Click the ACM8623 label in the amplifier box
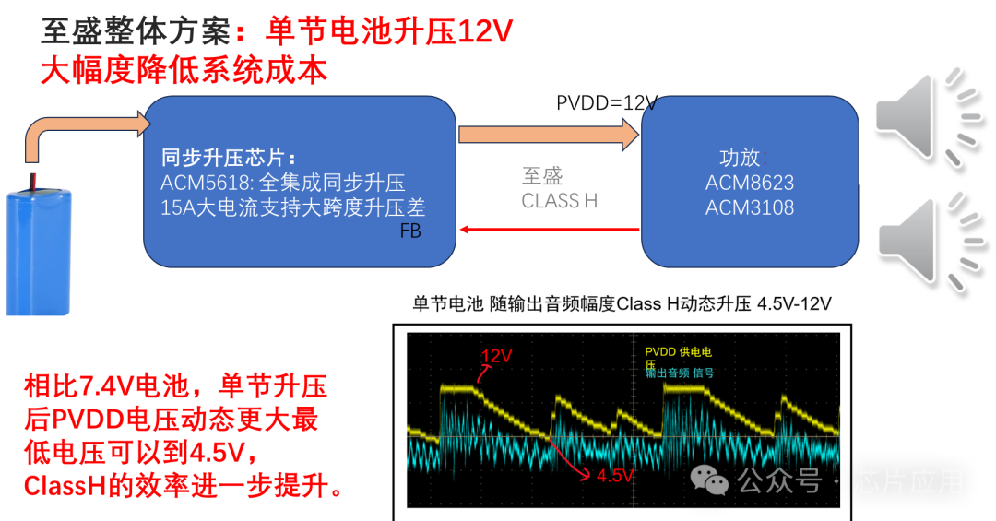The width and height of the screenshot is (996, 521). click(749, 183)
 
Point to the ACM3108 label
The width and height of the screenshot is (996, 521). click(749, 207)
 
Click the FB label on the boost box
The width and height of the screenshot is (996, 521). click(410, 231)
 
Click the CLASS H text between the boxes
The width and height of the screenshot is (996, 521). click(560, 201)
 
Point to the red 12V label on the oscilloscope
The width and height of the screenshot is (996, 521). click(496, 356)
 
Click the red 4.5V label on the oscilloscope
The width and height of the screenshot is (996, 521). click(615, 476)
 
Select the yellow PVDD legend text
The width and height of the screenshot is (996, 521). click(678, 352)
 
